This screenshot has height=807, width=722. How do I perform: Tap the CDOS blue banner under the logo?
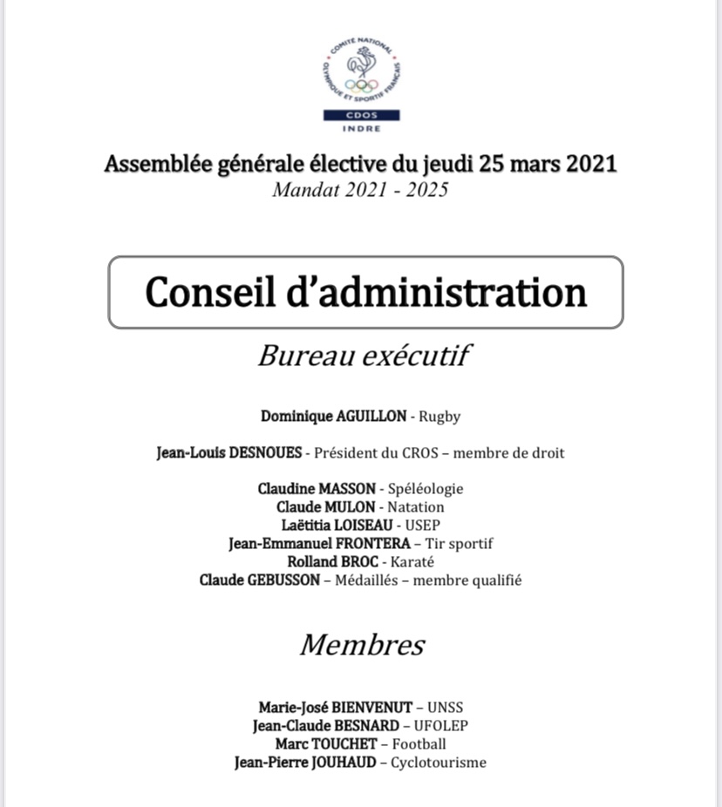361,115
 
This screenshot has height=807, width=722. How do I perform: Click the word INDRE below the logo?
361,128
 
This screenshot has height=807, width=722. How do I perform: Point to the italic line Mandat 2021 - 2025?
360,189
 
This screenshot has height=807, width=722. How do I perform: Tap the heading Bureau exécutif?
364,355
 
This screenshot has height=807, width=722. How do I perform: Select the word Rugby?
439,417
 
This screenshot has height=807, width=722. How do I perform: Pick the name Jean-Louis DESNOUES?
229,452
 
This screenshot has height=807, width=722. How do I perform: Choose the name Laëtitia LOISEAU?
337,526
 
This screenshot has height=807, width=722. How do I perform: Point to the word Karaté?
414,562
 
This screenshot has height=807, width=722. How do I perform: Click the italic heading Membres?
363,645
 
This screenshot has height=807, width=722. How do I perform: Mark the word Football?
419,744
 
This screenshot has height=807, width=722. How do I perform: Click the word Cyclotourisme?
438,763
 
